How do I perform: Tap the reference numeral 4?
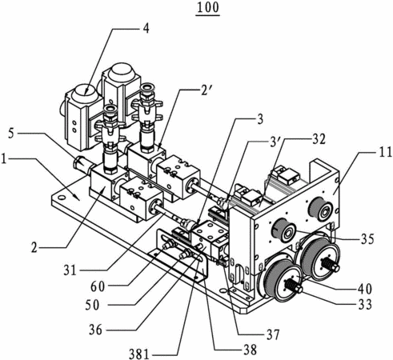146,28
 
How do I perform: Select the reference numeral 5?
11,134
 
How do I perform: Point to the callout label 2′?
204,93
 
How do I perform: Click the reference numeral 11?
385,152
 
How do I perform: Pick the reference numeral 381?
139,354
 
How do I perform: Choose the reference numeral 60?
98,286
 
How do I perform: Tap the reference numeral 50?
92,305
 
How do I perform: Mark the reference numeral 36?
95,330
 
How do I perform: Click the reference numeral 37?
273,334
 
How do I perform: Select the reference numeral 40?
364,289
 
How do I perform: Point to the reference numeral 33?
364,304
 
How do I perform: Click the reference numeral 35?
367,239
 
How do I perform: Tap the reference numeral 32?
319,139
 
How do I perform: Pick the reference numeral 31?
70,270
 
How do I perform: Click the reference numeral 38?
250,350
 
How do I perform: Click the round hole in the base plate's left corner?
62,198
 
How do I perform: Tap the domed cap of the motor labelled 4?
82,93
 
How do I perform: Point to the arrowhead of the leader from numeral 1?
78,198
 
